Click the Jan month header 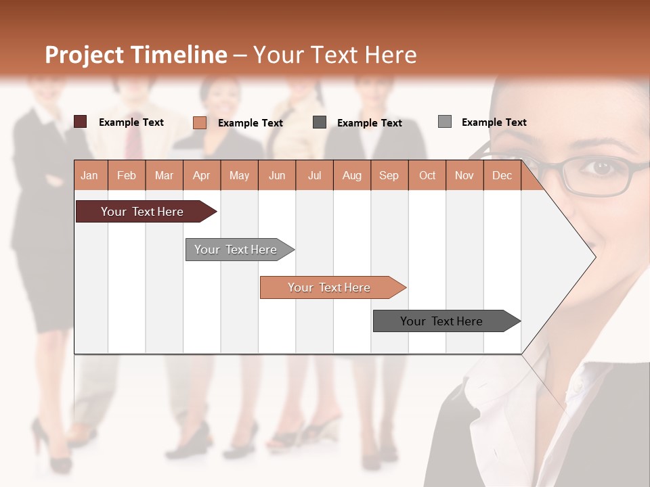coord(89,175)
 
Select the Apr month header coord(201,175)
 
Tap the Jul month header coord(314,175)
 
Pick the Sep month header coord(389,175)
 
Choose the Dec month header coord(502,175)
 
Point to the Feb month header coord(127,175)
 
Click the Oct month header coord(427,175)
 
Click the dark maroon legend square coord(80,122)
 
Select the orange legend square coord(200,122)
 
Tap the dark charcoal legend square coord(320,122)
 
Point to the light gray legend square coord(445,122)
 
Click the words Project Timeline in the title coord(136,55)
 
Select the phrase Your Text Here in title coord(334,55)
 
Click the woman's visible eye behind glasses coord(601,166)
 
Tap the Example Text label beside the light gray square coord(494,122)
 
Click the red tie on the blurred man coord(133,135)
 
